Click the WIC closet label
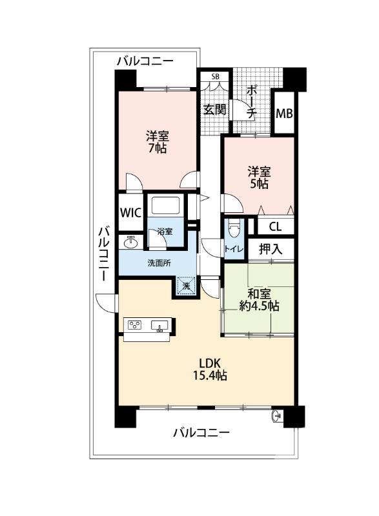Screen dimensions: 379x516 [x=130, y=213]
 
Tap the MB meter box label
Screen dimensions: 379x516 [x=284, y=114]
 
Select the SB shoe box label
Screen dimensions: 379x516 [x=215, y=77]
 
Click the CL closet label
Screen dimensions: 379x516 [x=275, y=227]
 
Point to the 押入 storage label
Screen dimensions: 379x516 [x=271, y=249]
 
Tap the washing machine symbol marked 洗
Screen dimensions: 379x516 [x=187, y=286]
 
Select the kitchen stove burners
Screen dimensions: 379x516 [x=134, y=325]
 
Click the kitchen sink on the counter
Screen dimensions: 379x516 [x=159, y=326]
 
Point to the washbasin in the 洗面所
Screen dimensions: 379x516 [x=131, y=243]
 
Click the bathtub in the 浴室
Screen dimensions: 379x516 [x=165, y=206]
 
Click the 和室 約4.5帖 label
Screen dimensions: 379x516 [x=259, y=300]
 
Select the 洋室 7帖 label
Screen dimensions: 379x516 [x=158, y=142]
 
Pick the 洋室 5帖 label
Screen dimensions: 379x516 [x=259, y=178]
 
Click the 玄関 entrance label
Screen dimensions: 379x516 [x=215, y=110]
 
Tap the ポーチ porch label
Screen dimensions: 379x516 [x=252, y=102]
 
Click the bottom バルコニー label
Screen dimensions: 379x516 [x=201, y=432]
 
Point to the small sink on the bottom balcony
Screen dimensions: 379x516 [x=276, y=416]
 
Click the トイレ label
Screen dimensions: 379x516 [x=234, y=249]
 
